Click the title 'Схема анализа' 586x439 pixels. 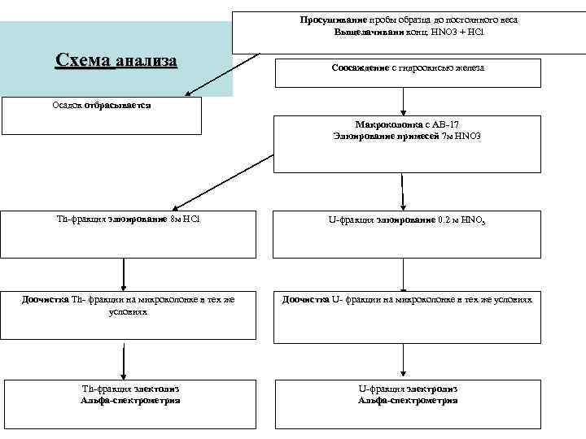116,60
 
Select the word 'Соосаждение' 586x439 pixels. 361,68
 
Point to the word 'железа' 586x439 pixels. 468,68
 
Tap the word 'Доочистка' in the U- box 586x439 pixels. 306,299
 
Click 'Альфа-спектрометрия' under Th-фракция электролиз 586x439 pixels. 130,400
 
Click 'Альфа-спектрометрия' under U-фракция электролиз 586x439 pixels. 408,400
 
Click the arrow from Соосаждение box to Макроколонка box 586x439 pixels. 405,101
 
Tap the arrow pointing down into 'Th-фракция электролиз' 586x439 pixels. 125,361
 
